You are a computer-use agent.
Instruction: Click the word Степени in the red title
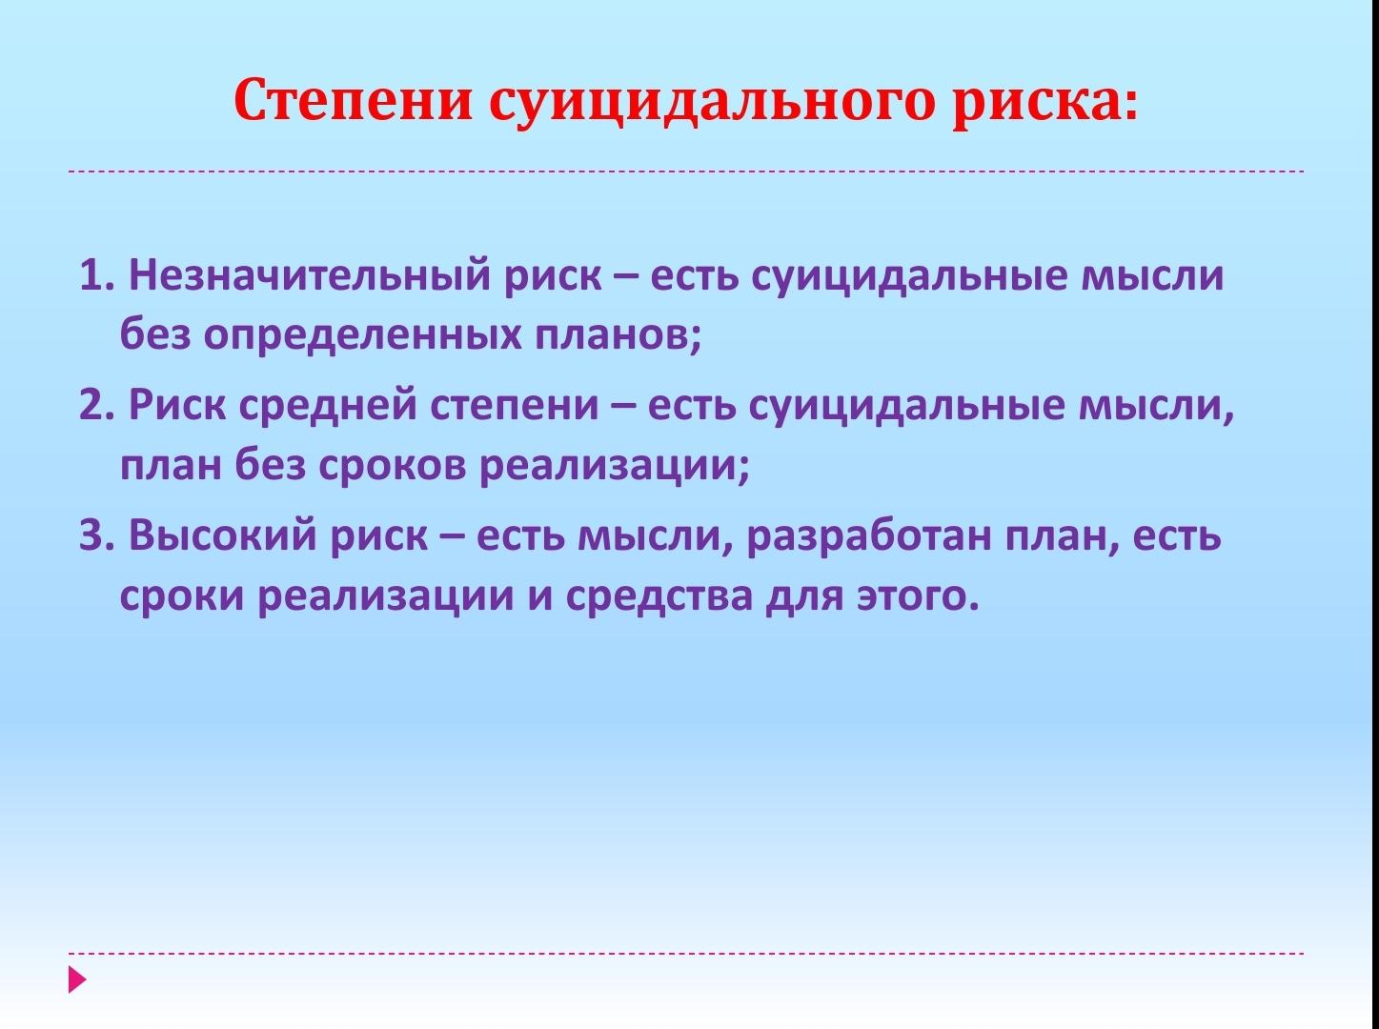pyautogui.click(x=353, y=100)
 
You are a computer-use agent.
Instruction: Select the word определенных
pyautogui.click(x=362, y=336)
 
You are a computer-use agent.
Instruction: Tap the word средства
pyautogui.click(x=659, y=596)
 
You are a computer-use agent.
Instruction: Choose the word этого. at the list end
pyautogui.click(x=918, y=596)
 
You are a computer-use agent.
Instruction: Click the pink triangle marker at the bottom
pyautogui.click(x=76, y=980)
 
